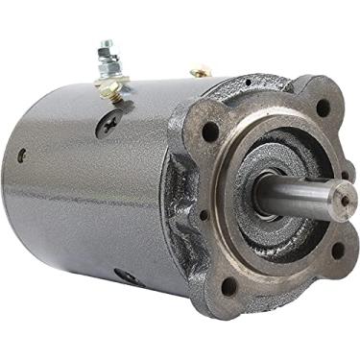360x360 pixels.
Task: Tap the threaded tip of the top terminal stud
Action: pyautogui.click(x=108, y=44)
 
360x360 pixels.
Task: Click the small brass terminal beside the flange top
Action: pyautogui.click(x=201, y=70)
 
